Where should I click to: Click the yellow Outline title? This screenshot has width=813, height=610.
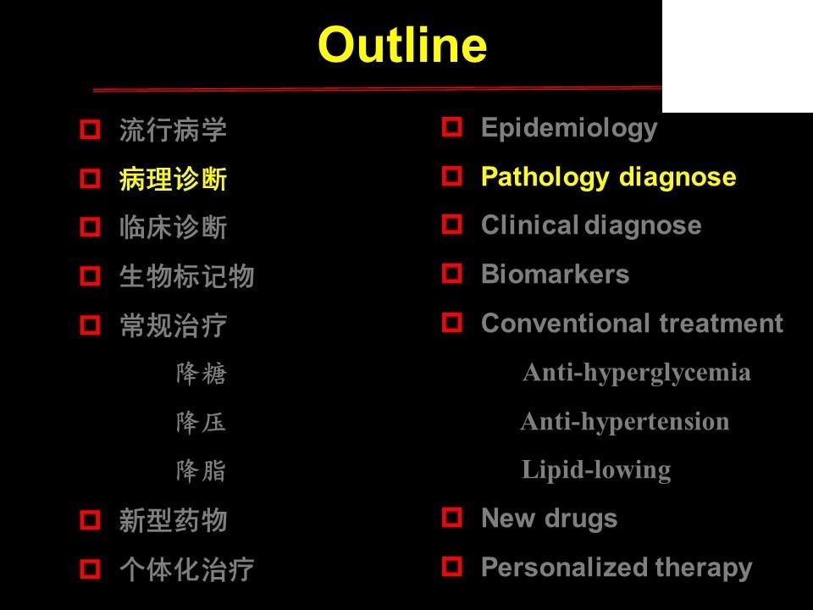pos(402,45)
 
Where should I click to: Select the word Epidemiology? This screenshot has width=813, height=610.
pos(569,128)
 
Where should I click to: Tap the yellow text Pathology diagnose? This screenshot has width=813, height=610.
pos(608,177)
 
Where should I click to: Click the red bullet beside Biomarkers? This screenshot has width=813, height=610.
pos(451,273)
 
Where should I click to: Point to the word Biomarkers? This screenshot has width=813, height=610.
pos(555,274)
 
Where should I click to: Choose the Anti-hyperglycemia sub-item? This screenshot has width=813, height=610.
pos(637,373)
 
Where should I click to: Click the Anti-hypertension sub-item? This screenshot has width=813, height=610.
pos(625,422)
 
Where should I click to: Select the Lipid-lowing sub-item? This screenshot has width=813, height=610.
pos(596,470)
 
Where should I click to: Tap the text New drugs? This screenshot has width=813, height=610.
pos(549,518)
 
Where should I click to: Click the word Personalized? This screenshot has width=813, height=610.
pos(564,567)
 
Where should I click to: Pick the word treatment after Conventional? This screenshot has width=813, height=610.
pos(722,323)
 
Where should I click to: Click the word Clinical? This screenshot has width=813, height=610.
pos(529,225)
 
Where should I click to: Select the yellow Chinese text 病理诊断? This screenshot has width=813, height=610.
pos(173,179)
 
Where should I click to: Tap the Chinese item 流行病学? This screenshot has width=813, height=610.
pos(173,130)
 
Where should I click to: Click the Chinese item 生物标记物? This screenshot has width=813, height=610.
pos(186,276)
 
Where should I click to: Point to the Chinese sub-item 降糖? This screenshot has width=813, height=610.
pos(202,374)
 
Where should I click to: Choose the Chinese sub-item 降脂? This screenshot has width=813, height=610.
pos(202,471)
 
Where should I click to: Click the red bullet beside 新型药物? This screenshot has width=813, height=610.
pos(90,519)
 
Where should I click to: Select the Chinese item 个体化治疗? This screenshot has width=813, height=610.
pos(186,569)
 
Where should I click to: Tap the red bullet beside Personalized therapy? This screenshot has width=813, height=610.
pos(451,566)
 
